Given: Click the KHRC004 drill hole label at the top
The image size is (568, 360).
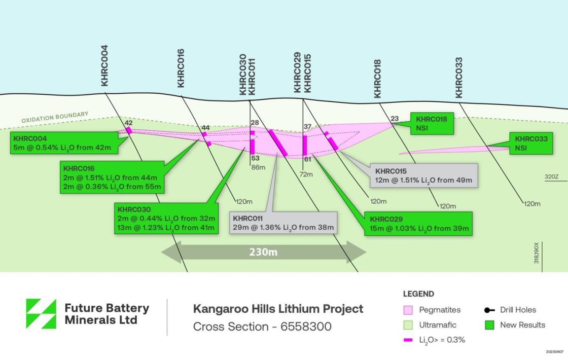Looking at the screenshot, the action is coord(104,65).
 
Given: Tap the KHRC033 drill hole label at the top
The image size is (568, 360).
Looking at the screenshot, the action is coord(458,78).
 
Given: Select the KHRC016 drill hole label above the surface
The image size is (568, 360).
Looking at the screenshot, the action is coord(181,68).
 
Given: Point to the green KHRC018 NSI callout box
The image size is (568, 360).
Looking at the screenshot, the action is coord(432,124).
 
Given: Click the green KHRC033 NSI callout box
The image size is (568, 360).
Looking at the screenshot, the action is coord(531,143).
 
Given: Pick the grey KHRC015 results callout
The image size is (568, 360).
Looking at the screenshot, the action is coord(424,175).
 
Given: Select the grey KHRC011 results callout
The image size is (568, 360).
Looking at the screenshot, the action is coord(283,223).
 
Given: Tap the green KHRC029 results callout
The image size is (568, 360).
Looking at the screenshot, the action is coord(418,224).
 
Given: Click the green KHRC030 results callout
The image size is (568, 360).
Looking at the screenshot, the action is coord(166,219).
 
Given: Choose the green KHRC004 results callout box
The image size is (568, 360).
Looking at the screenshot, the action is coord(64,143).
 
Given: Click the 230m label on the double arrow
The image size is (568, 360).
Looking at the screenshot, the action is coord(263,251).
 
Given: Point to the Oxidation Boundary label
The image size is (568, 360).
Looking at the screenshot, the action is coord(55,117).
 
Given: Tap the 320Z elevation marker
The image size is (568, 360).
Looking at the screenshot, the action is coord(552,177).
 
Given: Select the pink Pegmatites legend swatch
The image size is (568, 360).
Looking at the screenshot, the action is coord(408,310).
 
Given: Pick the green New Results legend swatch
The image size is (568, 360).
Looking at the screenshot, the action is coord(489,325).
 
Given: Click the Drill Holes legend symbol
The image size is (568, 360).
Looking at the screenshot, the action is coord(489,310).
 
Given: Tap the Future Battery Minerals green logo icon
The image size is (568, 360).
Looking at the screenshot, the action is coord(41,314).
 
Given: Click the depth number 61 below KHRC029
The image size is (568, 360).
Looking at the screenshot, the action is coord(307,159).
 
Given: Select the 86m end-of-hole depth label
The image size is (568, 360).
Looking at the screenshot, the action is coord(258,167).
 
